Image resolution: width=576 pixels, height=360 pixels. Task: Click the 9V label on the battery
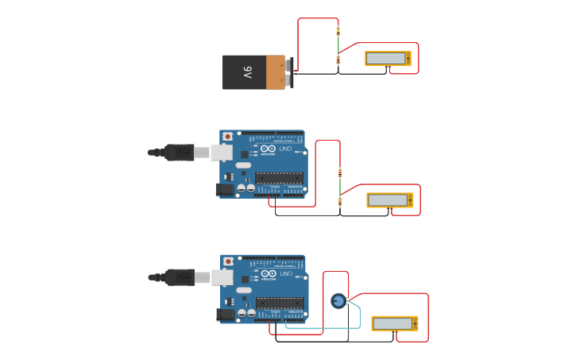pos(248,72)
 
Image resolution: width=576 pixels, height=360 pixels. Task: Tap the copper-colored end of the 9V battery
pos(275,72)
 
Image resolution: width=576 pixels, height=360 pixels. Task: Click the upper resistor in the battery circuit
pos(338,31)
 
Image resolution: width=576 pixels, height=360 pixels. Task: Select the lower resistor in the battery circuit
pos(338,60)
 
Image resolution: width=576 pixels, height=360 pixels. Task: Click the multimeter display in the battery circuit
pos(385,58)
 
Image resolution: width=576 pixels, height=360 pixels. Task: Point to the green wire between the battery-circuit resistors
pos(338,45)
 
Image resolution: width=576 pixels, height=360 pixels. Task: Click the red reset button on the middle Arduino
pos(228,137)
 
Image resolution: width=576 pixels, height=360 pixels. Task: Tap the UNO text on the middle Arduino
pos(285,149)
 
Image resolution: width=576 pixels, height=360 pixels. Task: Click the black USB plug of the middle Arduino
pos(180,152)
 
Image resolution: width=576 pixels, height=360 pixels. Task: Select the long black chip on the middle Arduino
pos(279,177)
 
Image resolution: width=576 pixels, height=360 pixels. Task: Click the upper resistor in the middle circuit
pos(340,172)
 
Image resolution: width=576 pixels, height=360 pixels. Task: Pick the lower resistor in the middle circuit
pos(340,201)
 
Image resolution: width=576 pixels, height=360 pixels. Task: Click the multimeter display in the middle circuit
pos(388,200)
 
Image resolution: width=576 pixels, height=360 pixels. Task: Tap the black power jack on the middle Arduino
pos(226,189)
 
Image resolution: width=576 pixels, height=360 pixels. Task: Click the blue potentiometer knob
pos(338,300)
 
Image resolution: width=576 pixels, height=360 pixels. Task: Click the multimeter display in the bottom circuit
pos(392,323)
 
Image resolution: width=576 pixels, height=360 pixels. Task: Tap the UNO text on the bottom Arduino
pos(286,273)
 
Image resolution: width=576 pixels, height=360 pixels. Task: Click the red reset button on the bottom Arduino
pos(229,261)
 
